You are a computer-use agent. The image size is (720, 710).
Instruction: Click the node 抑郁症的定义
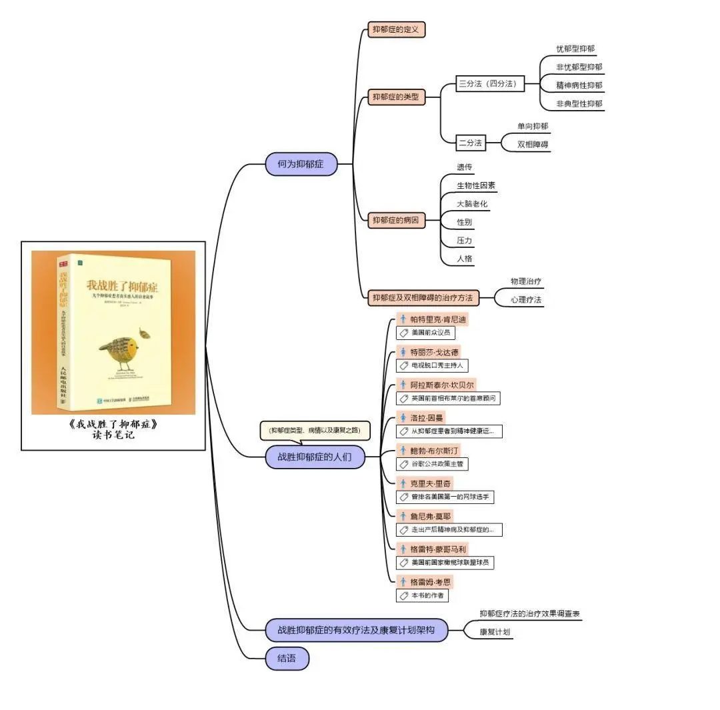coord(397,30)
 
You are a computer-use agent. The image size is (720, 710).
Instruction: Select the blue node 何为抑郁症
coord(301,163)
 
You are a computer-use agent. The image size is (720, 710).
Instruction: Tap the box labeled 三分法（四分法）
coord(490,84)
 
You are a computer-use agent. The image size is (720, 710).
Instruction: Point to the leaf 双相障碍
coord(533,144)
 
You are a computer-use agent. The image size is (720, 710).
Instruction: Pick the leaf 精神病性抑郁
coord(579,85)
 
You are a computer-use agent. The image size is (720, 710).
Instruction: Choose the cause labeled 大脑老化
coord(472,203)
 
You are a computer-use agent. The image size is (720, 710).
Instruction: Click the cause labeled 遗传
coord(465,167)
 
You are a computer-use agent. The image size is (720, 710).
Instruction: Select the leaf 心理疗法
coord(526,300)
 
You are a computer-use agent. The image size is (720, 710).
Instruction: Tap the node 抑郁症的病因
coord(397,221)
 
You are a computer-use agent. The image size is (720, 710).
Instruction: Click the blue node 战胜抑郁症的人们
coord(315,457)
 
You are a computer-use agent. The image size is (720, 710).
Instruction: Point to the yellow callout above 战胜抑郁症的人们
coord(315,431)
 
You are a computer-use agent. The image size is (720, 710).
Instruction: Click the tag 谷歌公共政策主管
coord(437,464)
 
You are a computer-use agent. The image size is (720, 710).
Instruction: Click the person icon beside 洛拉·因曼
coord(403,417)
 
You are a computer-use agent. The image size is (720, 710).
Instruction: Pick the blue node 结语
coord(287,659)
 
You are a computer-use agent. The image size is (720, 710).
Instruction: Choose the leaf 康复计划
coord(495,632)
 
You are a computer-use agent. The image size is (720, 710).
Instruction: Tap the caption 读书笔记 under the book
coord(113,435)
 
